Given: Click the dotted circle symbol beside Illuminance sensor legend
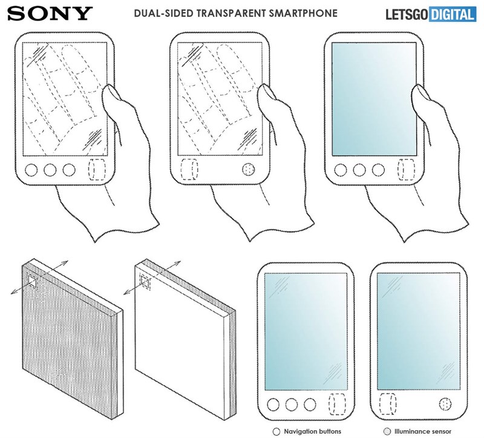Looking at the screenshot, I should (x=386, y=433).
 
